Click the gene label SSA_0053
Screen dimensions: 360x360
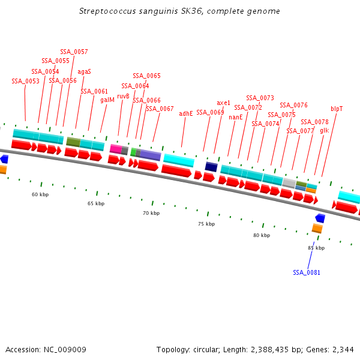(x=25, y=81)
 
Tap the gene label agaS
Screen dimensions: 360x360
(x=84, y=71)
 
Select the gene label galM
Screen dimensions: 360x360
(x=107, y=100)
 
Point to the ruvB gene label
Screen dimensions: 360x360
(x=123, y=95)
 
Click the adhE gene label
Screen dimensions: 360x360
(x=186, y=113)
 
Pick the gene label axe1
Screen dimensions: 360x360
(x=223, y=103)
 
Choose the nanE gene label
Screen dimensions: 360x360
(x=236, y=117)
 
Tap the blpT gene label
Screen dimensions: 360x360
(x=337, y=109)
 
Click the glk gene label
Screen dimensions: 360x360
(x=324, y=130)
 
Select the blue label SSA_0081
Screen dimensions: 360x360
(x=307, y=272)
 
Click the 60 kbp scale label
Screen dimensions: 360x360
(x=40, y=194)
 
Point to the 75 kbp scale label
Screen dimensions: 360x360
(x=206, y=224)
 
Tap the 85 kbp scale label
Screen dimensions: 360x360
(x=316, y=248)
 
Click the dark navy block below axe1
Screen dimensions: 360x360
(x=211, y=166)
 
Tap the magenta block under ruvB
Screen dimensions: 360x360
(x=116, y=149)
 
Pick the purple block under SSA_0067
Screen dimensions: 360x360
(x=151, y=155)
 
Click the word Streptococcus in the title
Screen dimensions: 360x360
(x=107, y=11)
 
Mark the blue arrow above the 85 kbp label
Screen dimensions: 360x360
(x=320, y=218)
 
